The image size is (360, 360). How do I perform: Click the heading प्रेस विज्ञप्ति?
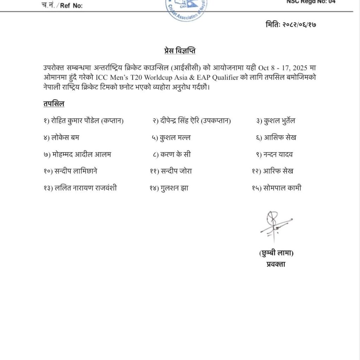tap(180, 51)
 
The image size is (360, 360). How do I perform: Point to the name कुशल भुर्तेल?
tap(280, 121)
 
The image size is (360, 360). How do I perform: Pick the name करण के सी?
tap(175, 154)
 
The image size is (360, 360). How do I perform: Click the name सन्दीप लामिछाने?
tap(76, 171)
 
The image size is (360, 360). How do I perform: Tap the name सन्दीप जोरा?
tap(176, 171)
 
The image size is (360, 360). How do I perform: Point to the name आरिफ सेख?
tap(278, 171)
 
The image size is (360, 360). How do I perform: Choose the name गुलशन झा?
tap(174, 188)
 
